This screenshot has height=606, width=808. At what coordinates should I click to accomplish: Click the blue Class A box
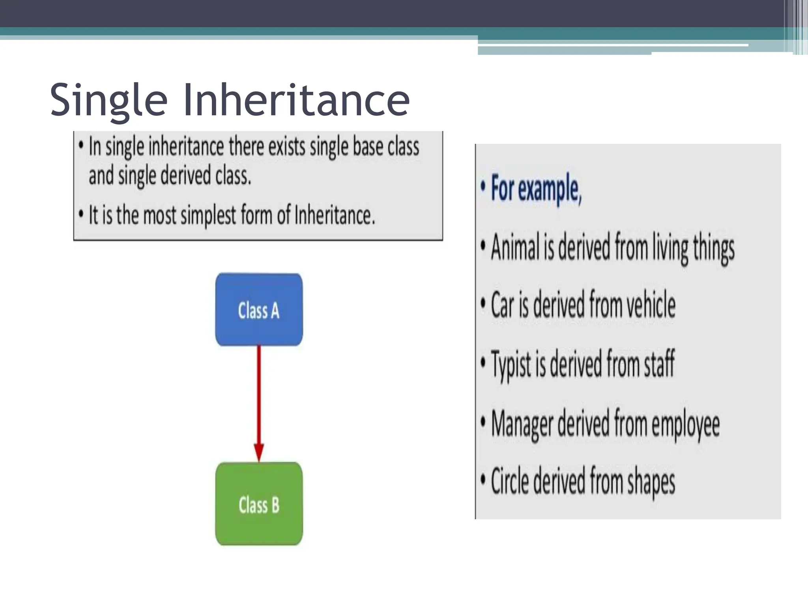[x=259, y=310]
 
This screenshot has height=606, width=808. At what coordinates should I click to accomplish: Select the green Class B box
[x=259, y=504]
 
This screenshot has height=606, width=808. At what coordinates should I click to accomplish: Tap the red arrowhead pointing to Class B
[x=259, y=452]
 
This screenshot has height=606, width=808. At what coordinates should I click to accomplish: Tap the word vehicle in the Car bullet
[x=651, y=305]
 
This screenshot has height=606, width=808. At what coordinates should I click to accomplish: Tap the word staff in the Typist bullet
[x=659, y=363]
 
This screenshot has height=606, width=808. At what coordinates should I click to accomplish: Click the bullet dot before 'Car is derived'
[x=483, y=304]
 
